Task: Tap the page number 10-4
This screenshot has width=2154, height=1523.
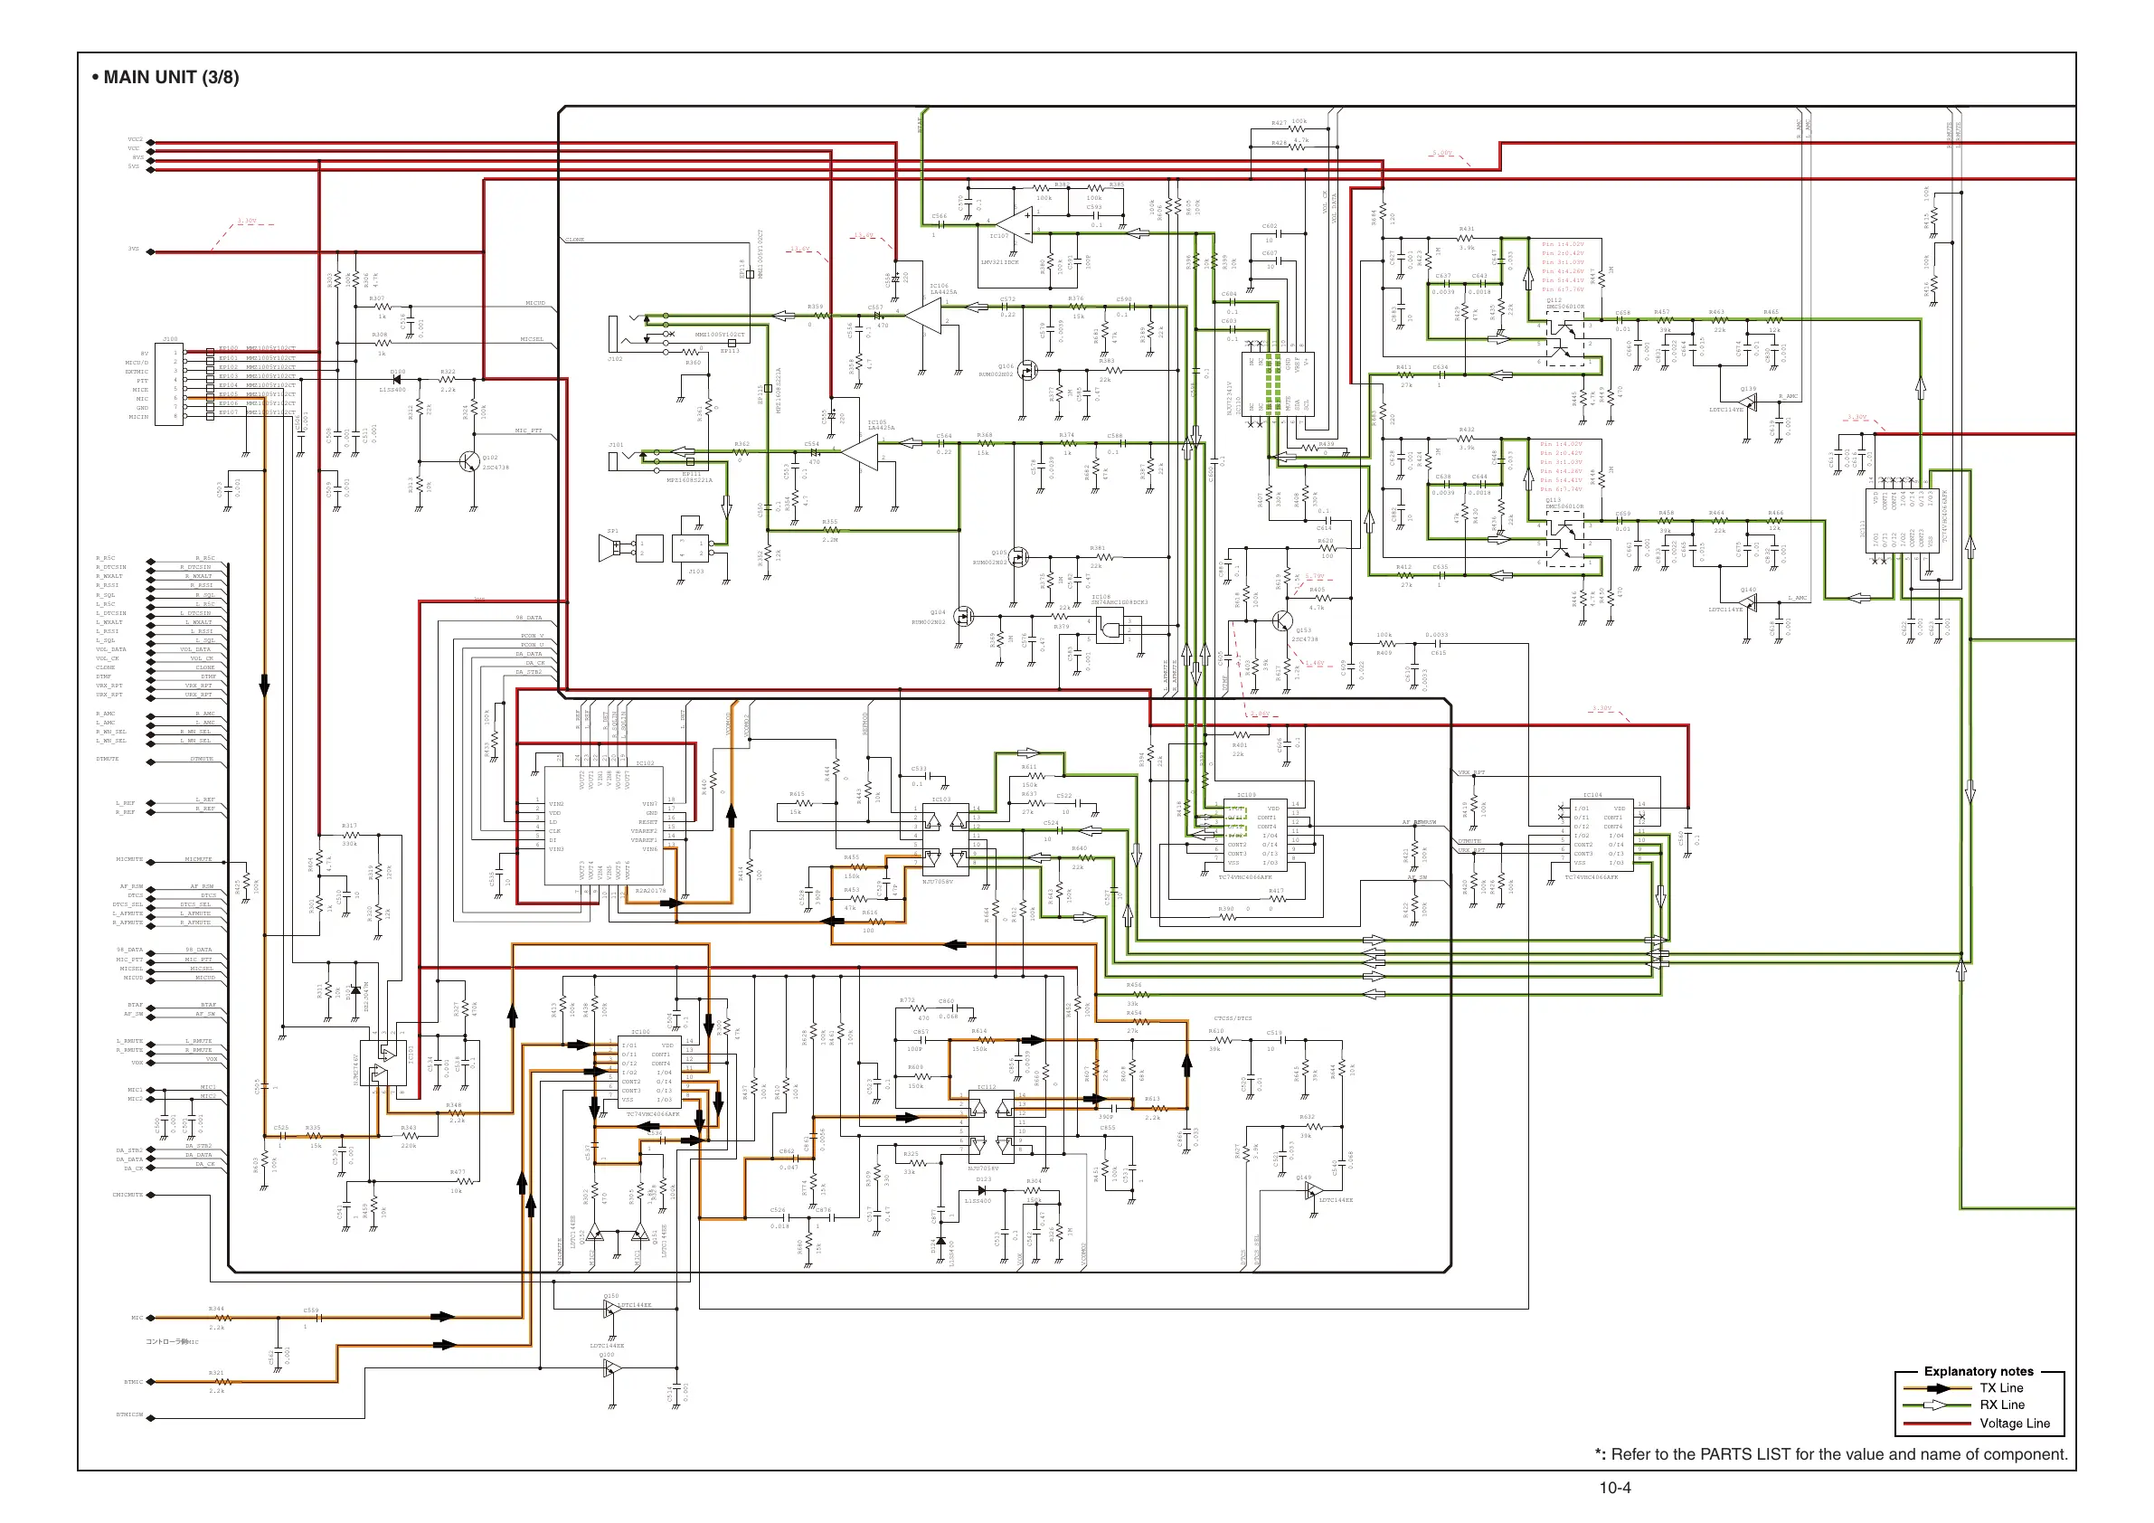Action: [x=1614, y=1488]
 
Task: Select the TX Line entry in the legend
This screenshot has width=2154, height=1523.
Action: [x=2001, y=1388]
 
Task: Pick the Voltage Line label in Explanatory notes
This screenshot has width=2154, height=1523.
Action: [x=2014, y=1424]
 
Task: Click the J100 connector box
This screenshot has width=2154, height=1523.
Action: [x=170, y=384]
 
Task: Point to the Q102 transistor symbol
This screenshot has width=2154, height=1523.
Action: [x=469, y=459]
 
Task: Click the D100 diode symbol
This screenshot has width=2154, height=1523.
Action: [x=396, y=380]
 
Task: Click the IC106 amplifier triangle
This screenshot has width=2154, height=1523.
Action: [x=924, y=317]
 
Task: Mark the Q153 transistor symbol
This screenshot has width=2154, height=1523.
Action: [x=1282, y=620]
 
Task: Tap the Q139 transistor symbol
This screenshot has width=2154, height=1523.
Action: [x=1747, y=403]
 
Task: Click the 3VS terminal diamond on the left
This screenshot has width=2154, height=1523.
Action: [x=151, y=251]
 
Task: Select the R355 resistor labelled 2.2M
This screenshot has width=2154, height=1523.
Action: [x=830, y=530]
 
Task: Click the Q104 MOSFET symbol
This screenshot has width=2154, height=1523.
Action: [x=959, y=618]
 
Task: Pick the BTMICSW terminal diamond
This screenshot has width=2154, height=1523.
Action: [x=151, y=1415]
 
